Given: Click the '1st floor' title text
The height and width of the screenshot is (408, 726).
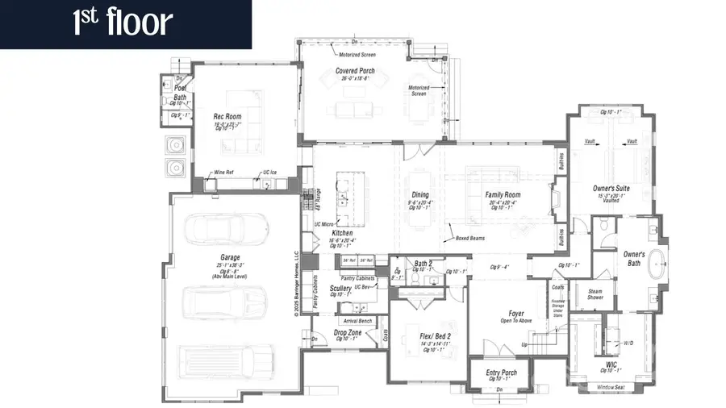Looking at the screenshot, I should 123,23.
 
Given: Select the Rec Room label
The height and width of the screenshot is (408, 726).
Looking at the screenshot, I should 227,117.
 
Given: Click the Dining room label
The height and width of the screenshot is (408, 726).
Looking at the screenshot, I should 420,194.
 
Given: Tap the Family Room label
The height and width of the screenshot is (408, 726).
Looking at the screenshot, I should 503,195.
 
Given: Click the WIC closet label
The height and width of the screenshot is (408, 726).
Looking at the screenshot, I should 611,364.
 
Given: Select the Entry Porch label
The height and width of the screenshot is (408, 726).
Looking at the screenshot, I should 502,373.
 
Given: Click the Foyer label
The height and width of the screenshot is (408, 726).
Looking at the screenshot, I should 515,314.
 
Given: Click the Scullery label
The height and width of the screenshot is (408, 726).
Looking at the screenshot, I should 340,288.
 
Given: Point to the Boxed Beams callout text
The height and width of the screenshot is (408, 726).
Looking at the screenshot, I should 469,238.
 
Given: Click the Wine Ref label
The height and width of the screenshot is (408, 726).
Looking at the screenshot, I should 223,173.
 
